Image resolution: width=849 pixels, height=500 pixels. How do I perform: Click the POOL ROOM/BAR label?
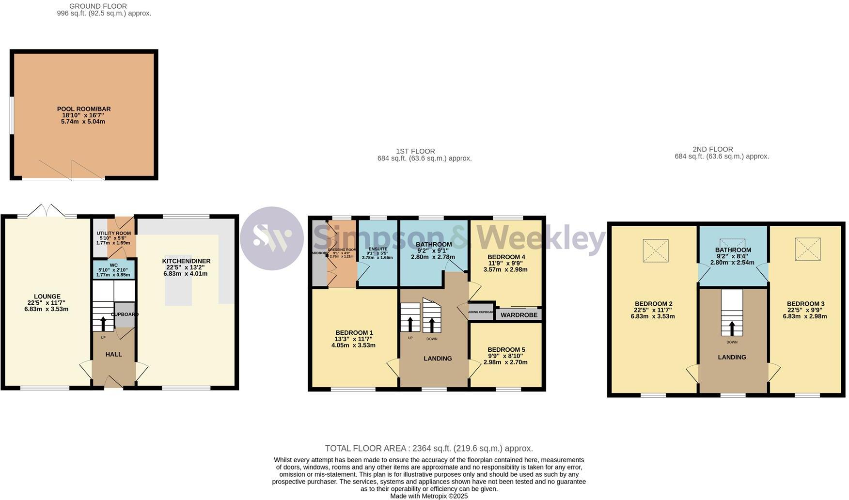coord(84,109)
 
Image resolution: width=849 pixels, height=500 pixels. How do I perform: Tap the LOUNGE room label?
coord(47,297)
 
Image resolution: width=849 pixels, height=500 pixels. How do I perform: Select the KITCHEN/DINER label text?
coord(186,261)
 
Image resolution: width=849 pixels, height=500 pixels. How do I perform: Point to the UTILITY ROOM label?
coord(113,234)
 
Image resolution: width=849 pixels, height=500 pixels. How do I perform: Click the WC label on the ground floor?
coord(114,265)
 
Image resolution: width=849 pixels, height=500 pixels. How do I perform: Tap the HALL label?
coord(114,354)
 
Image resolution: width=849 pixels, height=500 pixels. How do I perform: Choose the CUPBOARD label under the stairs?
coord(125,314)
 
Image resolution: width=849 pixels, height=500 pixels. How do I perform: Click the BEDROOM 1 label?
coord(354,333)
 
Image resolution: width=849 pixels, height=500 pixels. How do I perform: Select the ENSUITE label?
coord(377,249)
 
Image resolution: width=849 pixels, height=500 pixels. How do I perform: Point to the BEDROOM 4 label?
coord(506,257)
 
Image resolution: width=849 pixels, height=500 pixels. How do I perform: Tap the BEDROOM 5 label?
coord(506,350)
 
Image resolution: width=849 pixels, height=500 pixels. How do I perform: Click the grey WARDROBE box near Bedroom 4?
coord(519,315)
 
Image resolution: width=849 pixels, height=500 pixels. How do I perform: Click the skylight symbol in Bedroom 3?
coord(807,249)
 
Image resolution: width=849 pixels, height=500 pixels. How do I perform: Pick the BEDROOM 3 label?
coord(805,304)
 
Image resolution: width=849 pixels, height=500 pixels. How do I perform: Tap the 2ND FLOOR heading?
coord(713,149)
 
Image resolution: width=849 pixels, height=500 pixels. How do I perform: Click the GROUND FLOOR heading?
coord(98,6)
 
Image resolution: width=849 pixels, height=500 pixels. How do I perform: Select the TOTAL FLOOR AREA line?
coord(428,448)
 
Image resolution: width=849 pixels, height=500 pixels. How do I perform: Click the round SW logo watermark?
coord(272,238)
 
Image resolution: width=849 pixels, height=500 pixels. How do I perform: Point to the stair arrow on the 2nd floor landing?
coord(732,328)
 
